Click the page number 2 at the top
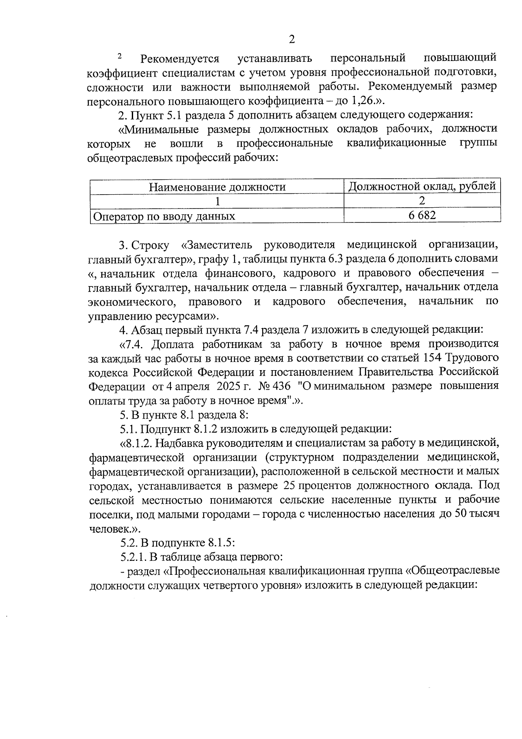click(292, 40)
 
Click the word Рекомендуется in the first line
click(180, 58)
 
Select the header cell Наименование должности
click(217, 187)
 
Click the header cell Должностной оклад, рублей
click(422, 186)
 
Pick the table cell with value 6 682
click(422, 215)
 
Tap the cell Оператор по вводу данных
click(164, 216)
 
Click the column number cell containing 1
click(217, 201)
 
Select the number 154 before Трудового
click(432, 358)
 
